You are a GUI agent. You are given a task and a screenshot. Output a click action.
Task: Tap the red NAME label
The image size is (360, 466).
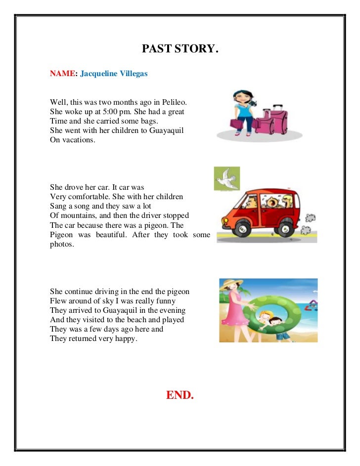(x=62, y=74)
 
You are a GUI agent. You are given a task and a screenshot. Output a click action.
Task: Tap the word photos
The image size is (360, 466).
(x=61, y=244)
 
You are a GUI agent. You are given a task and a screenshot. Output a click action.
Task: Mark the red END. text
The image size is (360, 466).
(x=180, y=395)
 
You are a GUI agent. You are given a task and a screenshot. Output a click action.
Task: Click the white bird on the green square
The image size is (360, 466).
(x=226, y=178)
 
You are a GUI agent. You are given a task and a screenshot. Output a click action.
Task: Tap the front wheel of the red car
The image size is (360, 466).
(x=242, y=228)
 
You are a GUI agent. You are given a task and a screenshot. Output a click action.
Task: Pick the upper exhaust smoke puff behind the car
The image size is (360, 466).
(x=311, y=217)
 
